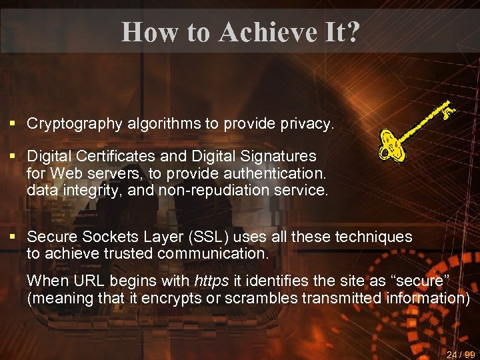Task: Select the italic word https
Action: (x=209, y=281)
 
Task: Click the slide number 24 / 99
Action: (x=460, y=355)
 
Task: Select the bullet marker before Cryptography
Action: (x=13, y=124)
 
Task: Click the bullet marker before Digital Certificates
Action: (x=13, y=156)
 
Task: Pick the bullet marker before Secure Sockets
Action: (x=13, y=237)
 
